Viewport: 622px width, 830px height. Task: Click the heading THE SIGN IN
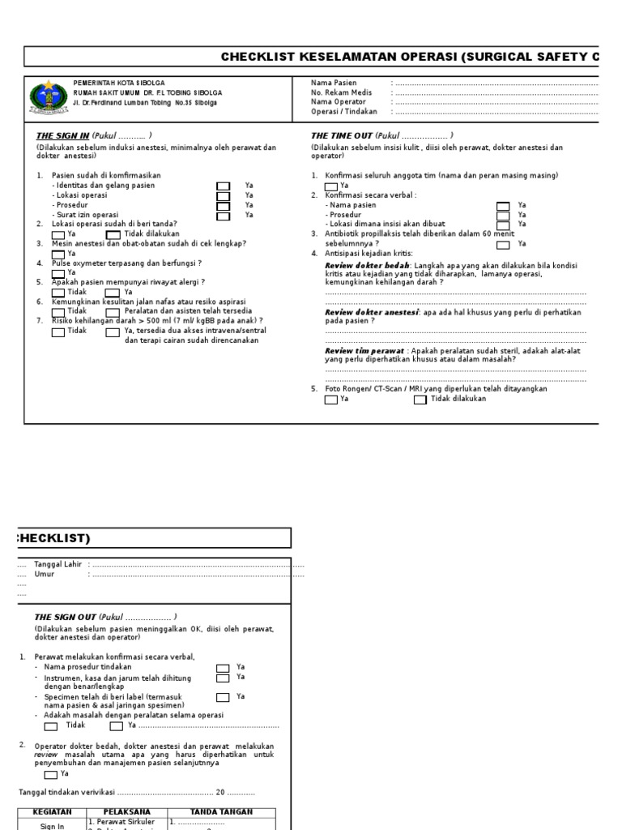click(x=62, y=135)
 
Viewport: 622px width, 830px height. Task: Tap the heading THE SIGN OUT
click(x=64, y=617)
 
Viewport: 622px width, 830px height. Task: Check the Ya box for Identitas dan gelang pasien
click(x=223, y=186)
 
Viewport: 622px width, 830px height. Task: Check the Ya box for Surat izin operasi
click(x=223, y=215)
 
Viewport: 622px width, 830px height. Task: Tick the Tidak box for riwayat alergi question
click(x=58, y=292)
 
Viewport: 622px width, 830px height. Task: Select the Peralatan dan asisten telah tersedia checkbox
click(x=112, y=311)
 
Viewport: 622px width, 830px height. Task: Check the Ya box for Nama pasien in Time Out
click(x=503, y=206)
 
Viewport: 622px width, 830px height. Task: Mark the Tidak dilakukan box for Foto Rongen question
click(x=420, y=400)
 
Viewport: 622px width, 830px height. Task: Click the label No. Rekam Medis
click(x=342, y=92)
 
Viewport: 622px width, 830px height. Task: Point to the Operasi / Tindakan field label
click(x=348, y=112)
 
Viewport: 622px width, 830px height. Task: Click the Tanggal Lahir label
click(x=58, y=563)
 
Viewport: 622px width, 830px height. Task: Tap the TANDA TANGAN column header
click(x=221, y=811)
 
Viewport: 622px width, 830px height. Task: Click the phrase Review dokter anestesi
click(x=372, y=312)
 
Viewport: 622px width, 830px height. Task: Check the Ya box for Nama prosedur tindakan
click(x=223, y=667)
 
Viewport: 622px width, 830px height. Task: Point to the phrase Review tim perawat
click(x=364, y=350)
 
